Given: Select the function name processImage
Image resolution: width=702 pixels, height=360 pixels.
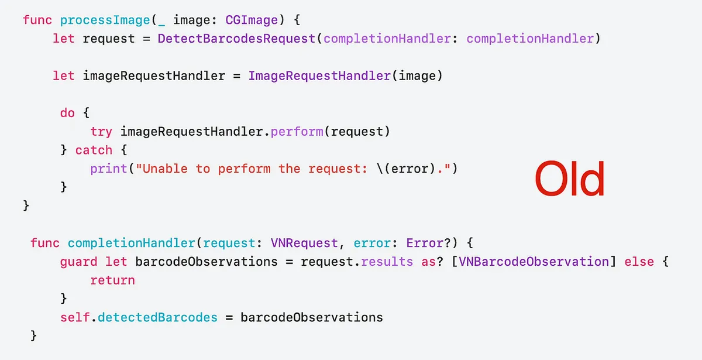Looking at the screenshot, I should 105,20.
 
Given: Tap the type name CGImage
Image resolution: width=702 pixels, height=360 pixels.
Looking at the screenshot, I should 252,20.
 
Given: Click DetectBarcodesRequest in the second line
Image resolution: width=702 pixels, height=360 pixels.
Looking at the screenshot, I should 236,39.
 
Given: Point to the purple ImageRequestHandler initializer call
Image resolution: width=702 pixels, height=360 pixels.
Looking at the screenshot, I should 319,76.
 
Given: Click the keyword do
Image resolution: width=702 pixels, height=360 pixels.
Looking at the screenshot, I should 67,113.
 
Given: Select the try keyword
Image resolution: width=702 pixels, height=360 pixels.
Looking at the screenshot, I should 101,132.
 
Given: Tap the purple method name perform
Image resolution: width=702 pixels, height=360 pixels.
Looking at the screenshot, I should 297,132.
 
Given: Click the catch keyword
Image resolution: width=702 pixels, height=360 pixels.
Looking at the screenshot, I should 94,150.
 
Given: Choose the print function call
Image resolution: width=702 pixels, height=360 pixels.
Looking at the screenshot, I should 109,169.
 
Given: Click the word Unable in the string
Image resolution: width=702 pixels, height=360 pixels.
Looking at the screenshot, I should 165,169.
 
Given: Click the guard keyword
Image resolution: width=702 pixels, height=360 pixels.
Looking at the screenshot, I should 79,262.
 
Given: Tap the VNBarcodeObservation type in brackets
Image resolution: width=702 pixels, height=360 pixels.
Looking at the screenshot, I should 534,262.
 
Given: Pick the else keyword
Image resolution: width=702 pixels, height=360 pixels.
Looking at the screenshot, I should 639,262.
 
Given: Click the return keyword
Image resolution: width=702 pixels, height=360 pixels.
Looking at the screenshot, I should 112,280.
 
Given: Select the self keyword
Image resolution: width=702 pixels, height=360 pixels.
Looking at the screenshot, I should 75,318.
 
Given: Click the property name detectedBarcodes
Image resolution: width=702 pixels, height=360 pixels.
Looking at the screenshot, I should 157,318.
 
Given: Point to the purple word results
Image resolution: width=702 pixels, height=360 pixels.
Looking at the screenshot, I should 387,262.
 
